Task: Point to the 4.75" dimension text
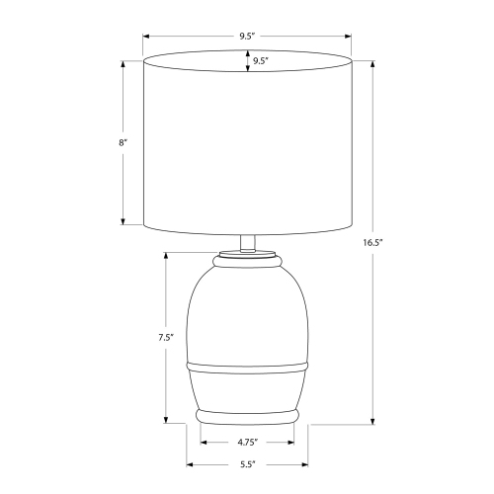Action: [247, 442]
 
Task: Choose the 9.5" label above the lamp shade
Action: [247, 37]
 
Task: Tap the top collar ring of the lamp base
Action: [247, 260]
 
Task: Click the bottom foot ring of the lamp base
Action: [247, 411]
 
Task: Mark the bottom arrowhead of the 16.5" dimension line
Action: [372, 420]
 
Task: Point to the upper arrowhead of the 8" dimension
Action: [123, 65]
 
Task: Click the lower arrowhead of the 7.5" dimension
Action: [165, 420]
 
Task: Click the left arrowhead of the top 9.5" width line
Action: [145, 37]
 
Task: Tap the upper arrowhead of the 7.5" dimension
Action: [165, 255]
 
